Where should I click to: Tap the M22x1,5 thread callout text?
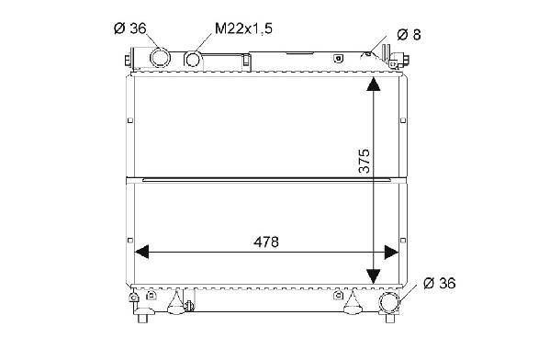[x=243, y=28]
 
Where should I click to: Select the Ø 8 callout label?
[x=409, y=34]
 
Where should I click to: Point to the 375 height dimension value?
[x=365, y=161]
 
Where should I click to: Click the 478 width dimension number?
[x=266, y=242]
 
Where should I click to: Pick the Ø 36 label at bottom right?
[x=439, y=283]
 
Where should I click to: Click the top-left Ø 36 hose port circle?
[x=161, y=58]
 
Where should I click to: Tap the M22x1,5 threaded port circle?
[x=193, y=59]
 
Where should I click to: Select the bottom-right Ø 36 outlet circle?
[x=389, y=302]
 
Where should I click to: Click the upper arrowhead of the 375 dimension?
[x=373, y=84]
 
